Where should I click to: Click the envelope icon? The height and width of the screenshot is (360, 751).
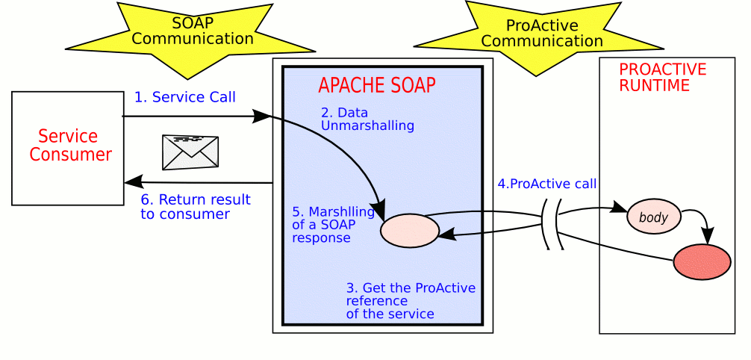coord(190,152)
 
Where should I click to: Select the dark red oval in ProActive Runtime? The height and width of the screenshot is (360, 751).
coord(702,261)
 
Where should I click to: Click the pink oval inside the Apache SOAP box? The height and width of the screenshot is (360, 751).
coord(410,231)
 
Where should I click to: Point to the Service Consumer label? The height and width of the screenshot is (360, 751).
coord(70,145)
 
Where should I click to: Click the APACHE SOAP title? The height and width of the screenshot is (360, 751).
coord(377,85)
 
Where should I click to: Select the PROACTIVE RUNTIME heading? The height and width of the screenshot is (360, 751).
coord(662,77)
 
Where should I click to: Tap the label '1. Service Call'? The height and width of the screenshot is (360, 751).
coord(185,97)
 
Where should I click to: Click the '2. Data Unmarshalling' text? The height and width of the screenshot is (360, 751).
coord(367,120)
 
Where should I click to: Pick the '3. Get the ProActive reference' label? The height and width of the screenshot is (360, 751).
coord(411,301)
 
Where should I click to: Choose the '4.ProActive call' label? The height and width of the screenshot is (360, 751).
coord(546,184)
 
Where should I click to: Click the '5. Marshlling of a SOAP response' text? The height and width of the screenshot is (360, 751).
coord(327,224)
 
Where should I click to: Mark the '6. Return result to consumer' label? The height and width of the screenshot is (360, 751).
coord(196,206)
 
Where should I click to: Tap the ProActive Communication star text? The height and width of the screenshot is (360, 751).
coord(542,33)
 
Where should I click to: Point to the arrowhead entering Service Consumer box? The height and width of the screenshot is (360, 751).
coord(133,182)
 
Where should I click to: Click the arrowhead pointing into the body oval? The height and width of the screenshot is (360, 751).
coord(620,208)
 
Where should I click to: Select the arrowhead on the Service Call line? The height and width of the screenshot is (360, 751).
coord(261,116)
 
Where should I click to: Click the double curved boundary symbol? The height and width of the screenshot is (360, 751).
coord(552,225)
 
